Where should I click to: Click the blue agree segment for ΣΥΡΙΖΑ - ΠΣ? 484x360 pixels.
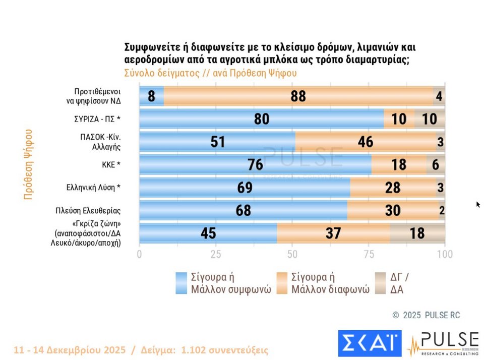(261, 119)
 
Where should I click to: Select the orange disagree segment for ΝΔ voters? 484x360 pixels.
(298, 96)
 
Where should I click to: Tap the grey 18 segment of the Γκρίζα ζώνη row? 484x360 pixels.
(417, 233)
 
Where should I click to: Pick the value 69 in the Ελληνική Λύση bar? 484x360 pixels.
(245, 188)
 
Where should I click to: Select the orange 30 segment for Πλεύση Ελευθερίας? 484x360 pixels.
(392, 210)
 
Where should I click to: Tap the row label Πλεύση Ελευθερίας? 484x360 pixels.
(89, 210)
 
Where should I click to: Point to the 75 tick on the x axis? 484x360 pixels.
(369, 254)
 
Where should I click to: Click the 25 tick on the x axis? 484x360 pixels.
(215, 254)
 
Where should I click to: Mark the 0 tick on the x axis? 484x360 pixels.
(140, 254)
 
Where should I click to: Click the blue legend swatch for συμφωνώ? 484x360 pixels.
(181, 283)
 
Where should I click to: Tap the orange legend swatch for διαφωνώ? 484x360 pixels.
(282, 283)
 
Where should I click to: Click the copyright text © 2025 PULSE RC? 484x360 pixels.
(426, 315)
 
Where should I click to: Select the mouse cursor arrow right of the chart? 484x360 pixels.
(478, 204)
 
